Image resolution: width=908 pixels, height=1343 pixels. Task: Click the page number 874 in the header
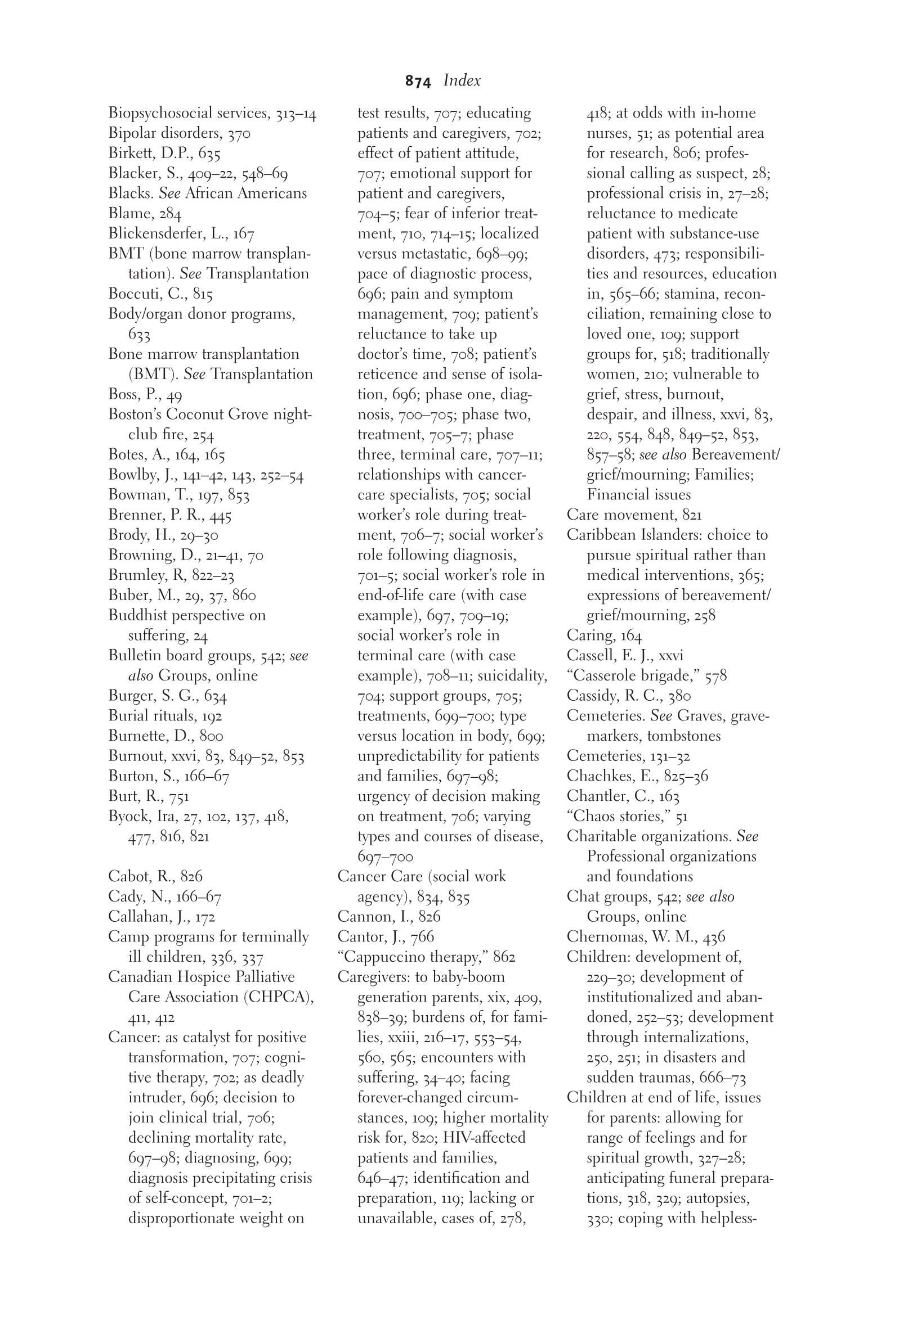click(418, 82)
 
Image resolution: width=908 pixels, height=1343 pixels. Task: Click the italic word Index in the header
click(462, 80)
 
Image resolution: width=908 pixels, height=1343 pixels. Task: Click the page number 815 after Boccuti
click(203, 294)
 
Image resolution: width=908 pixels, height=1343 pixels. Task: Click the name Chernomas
click(605, 937)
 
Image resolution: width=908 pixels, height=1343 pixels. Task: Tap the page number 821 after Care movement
click(692, 515)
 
